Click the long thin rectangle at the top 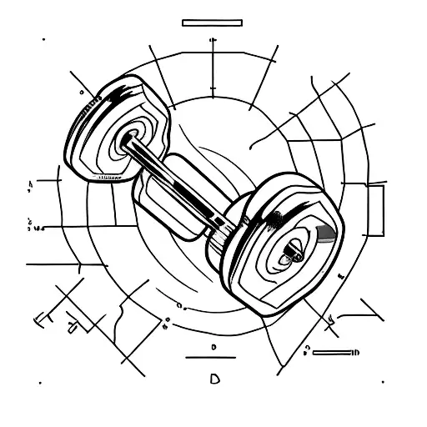pos(212,23)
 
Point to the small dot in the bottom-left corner pos(39,384)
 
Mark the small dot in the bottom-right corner pos(386,384)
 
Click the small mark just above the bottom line pos(214,344)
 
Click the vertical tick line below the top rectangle pos(213,58)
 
